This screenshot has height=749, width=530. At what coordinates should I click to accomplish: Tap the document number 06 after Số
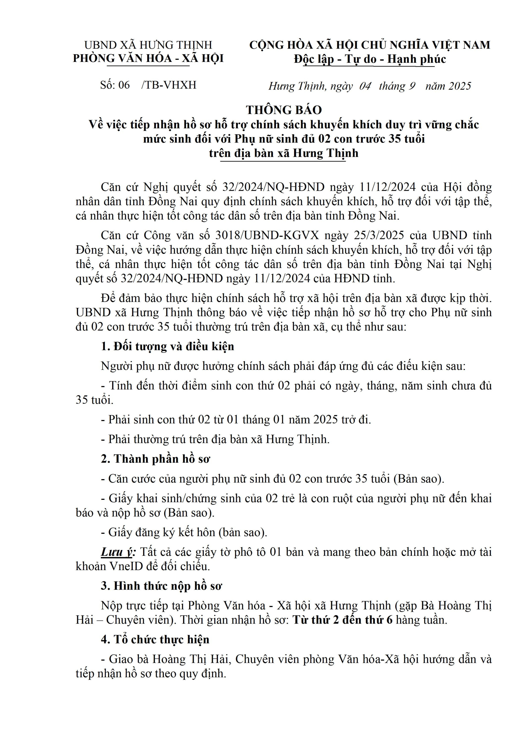click(x=124, y=85)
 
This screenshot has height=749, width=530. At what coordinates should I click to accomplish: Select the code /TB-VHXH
click(x=169, y=85)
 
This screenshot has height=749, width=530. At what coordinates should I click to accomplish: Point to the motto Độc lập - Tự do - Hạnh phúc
click(x=370, y=59)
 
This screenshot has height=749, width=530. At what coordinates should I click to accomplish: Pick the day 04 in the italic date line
click(x=365, y=86)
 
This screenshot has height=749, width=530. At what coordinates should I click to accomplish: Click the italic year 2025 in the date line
click(x=460, y=86)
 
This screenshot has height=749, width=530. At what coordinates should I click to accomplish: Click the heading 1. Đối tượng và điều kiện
click(x=167, y=347)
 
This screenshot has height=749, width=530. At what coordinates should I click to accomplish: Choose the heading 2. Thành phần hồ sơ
click(x=155, y=459)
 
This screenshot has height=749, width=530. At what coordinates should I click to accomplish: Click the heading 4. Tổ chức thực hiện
click(x=155, y=639)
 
